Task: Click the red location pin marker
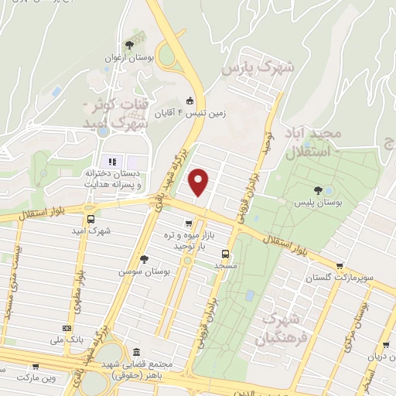200,183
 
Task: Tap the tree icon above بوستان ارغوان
129,45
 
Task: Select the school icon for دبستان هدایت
112,162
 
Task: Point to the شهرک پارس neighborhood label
258,69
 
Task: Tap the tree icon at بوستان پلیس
317,189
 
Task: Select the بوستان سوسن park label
144,272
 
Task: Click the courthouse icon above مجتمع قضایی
136,350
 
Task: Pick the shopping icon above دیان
386,345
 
